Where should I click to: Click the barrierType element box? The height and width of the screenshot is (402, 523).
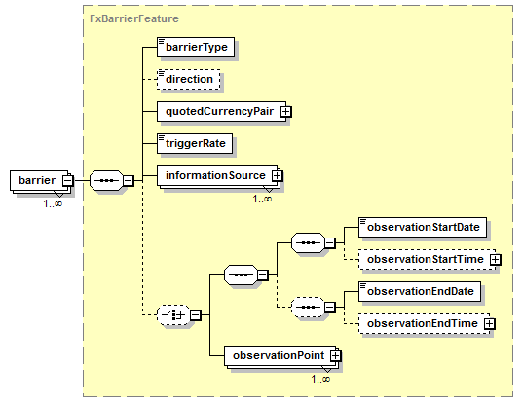point(196,47)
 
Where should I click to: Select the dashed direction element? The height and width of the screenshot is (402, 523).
point(188,79)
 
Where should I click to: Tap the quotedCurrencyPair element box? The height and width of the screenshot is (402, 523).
point(221,111)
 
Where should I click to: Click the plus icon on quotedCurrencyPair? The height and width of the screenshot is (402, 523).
point(285,112)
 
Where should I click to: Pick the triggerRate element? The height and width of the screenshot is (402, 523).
point(195,143)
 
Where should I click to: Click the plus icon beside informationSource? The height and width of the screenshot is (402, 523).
point(277,175)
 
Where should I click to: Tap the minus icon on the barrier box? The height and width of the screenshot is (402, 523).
point(68,180)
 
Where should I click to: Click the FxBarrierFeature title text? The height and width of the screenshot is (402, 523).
point(134,18)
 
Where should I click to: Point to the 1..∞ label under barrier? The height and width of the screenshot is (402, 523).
point(53,203)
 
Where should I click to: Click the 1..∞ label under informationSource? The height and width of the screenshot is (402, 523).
point(262,199)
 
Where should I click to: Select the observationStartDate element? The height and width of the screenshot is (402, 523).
point(423,228)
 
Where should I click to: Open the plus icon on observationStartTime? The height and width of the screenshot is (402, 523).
point(496,260)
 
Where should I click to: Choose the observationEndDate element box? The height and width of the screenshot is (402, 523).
point(420,292)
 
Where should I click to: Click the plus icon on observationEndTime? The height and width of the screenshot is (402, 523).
point(489,324)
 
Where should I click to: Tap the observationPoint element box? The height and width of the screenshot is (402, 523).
point(280,355)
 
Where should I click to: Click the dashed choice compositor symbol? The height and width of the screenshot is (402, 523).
point(173,314)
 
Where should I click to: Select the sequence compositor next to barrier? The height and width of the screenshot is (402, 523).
point(107,181)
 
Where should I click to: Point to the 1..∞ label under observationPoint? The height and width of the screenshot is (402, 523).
point(320,379)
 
